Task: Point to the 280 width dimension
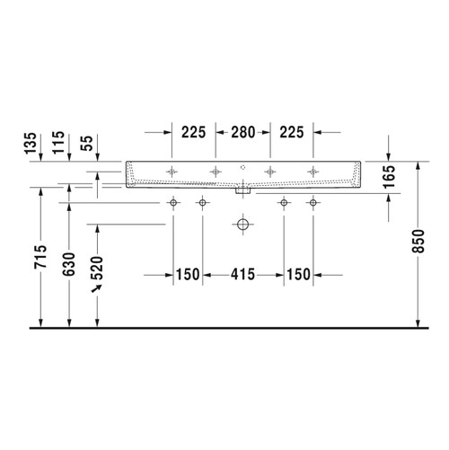pos(240,132)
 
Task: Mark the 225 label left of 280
pos(190,132)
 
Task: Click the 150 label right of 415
pos(299,274)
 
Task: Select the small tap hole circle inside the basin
pos(242,169)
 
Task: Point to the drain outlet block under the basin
pos(242,190)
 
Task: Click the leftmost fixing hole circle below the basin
pos(172,203)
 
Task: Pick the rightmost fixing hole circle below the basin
pos(313,203)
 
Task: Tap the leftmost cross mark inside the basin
pos(172,170)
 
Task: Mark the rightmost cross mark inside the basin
pos(313,170)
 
